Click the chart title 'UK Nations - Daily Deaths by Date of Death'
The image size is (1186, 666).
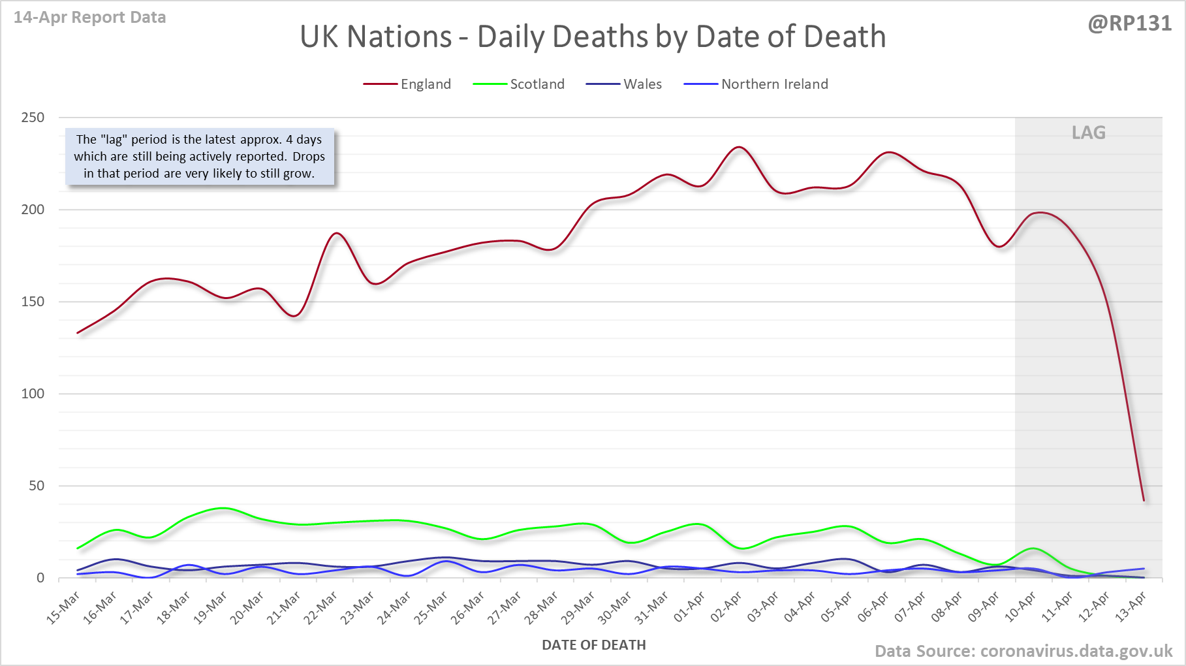coord(593,37)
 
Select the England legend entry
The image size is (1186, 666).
coord(425,84)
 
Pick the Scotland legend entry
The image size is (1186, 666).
coord(537,84)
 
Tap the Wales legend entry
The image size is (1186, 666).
coord(642,84)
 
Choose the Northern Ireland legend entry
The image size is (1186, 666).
coord(774,84)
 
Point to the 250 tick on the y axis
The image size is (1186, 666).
coord(33,118)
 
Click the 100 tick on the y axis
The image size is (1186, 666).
coord(33,394)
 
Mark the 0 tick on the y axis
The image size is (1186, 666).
coord(40,578)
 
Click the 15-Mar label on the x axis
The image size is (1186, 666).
coord(64,607)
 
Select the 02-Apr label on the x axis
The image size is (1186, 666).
coord(726,607)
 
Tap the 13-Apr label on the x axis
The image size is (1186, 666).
coord(1131,607)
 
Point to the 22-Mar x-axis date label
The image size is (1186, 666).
coord(321,607)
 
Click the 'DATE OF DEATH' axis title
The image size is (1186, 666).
coord(593,645)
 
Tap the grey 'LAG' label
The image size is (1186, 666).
coord(1088,133)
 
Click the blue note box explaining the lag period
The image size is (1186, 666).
coord(199,157)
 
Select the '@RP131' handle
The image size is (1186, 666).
coord(1129,24)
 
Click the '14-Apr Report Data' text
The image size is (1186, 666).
coord(89,18)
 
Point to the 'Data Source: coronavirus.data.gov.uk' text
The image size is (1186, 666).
coord(1023,651)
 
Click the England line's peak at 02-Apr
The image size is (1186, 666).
coord(738,147)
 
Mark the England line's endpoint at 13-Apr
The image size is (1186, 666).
coord(1144,500)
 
